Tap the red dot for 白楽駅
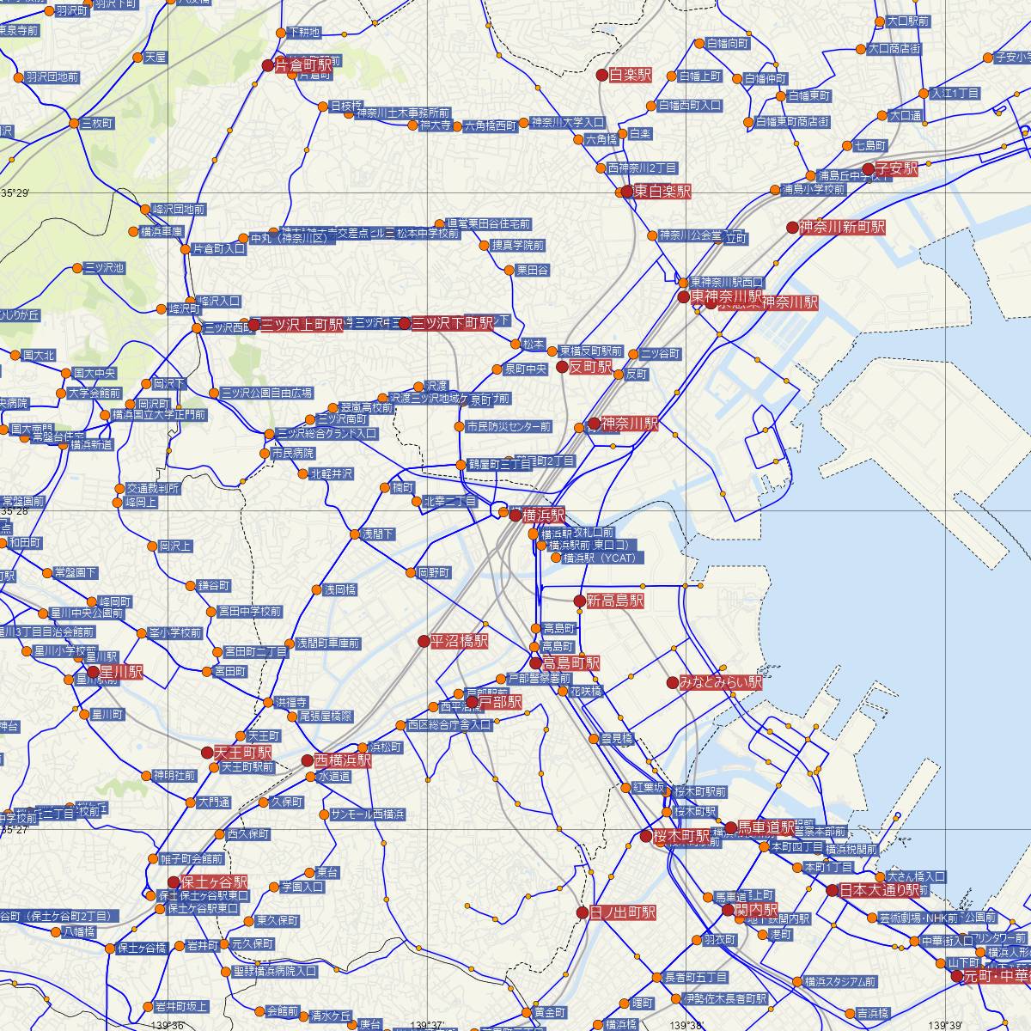[x=602, y=75]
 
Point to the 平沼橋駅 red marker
[x=424, y=641]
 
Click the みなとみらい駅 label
[x=720, y=683]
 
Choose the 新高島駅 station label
[x=615, y=601]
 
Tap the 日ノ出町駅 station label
[x=624, y=912]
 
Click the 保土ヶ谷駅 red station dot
[x=174, y=882]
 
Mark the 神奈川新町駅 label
[x=842, y=228]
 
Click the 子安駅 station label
[x=897, y=169]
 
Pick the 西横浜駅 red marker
[x=308, y=760]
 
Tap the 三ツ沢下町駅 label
[x=453, y=324]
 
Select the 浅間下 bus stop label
[x=378, y=534]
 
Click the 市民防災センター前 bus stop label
[x=509, y=427]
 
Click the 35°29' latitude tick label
[x=15, y=193]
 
